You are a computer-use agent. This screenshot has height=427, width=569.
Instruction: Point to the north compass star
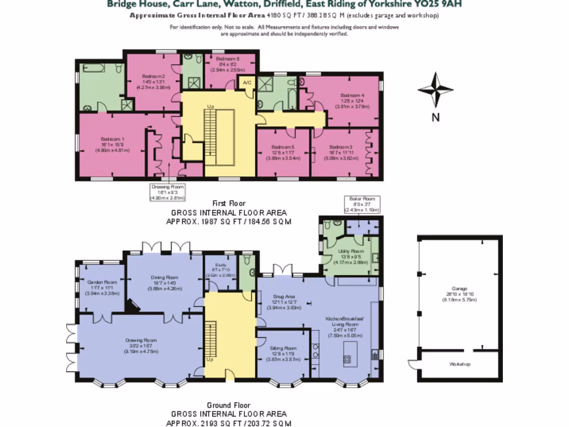tap(436, 90)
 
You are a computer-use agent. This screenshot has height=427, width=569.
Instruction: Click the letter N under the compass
tap(436, 117)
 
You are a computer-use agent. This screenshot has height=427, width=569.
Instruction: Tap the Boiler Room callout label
tap(362, 198)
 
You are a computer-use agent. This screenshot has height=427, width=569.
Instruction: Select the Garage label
tap(459, 289)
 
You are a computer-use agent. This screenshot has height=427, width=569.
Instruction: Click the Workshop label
tap(460, 364)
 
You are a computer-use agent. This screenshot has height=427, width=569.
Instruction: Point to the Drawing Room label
tap(141, 340)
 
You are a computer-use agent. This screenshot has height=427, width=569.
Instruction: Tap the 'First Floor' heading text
tap(228, 203)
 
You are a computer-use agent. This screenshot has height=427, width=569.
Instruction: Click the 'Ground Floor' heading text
tap(228, 405)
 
